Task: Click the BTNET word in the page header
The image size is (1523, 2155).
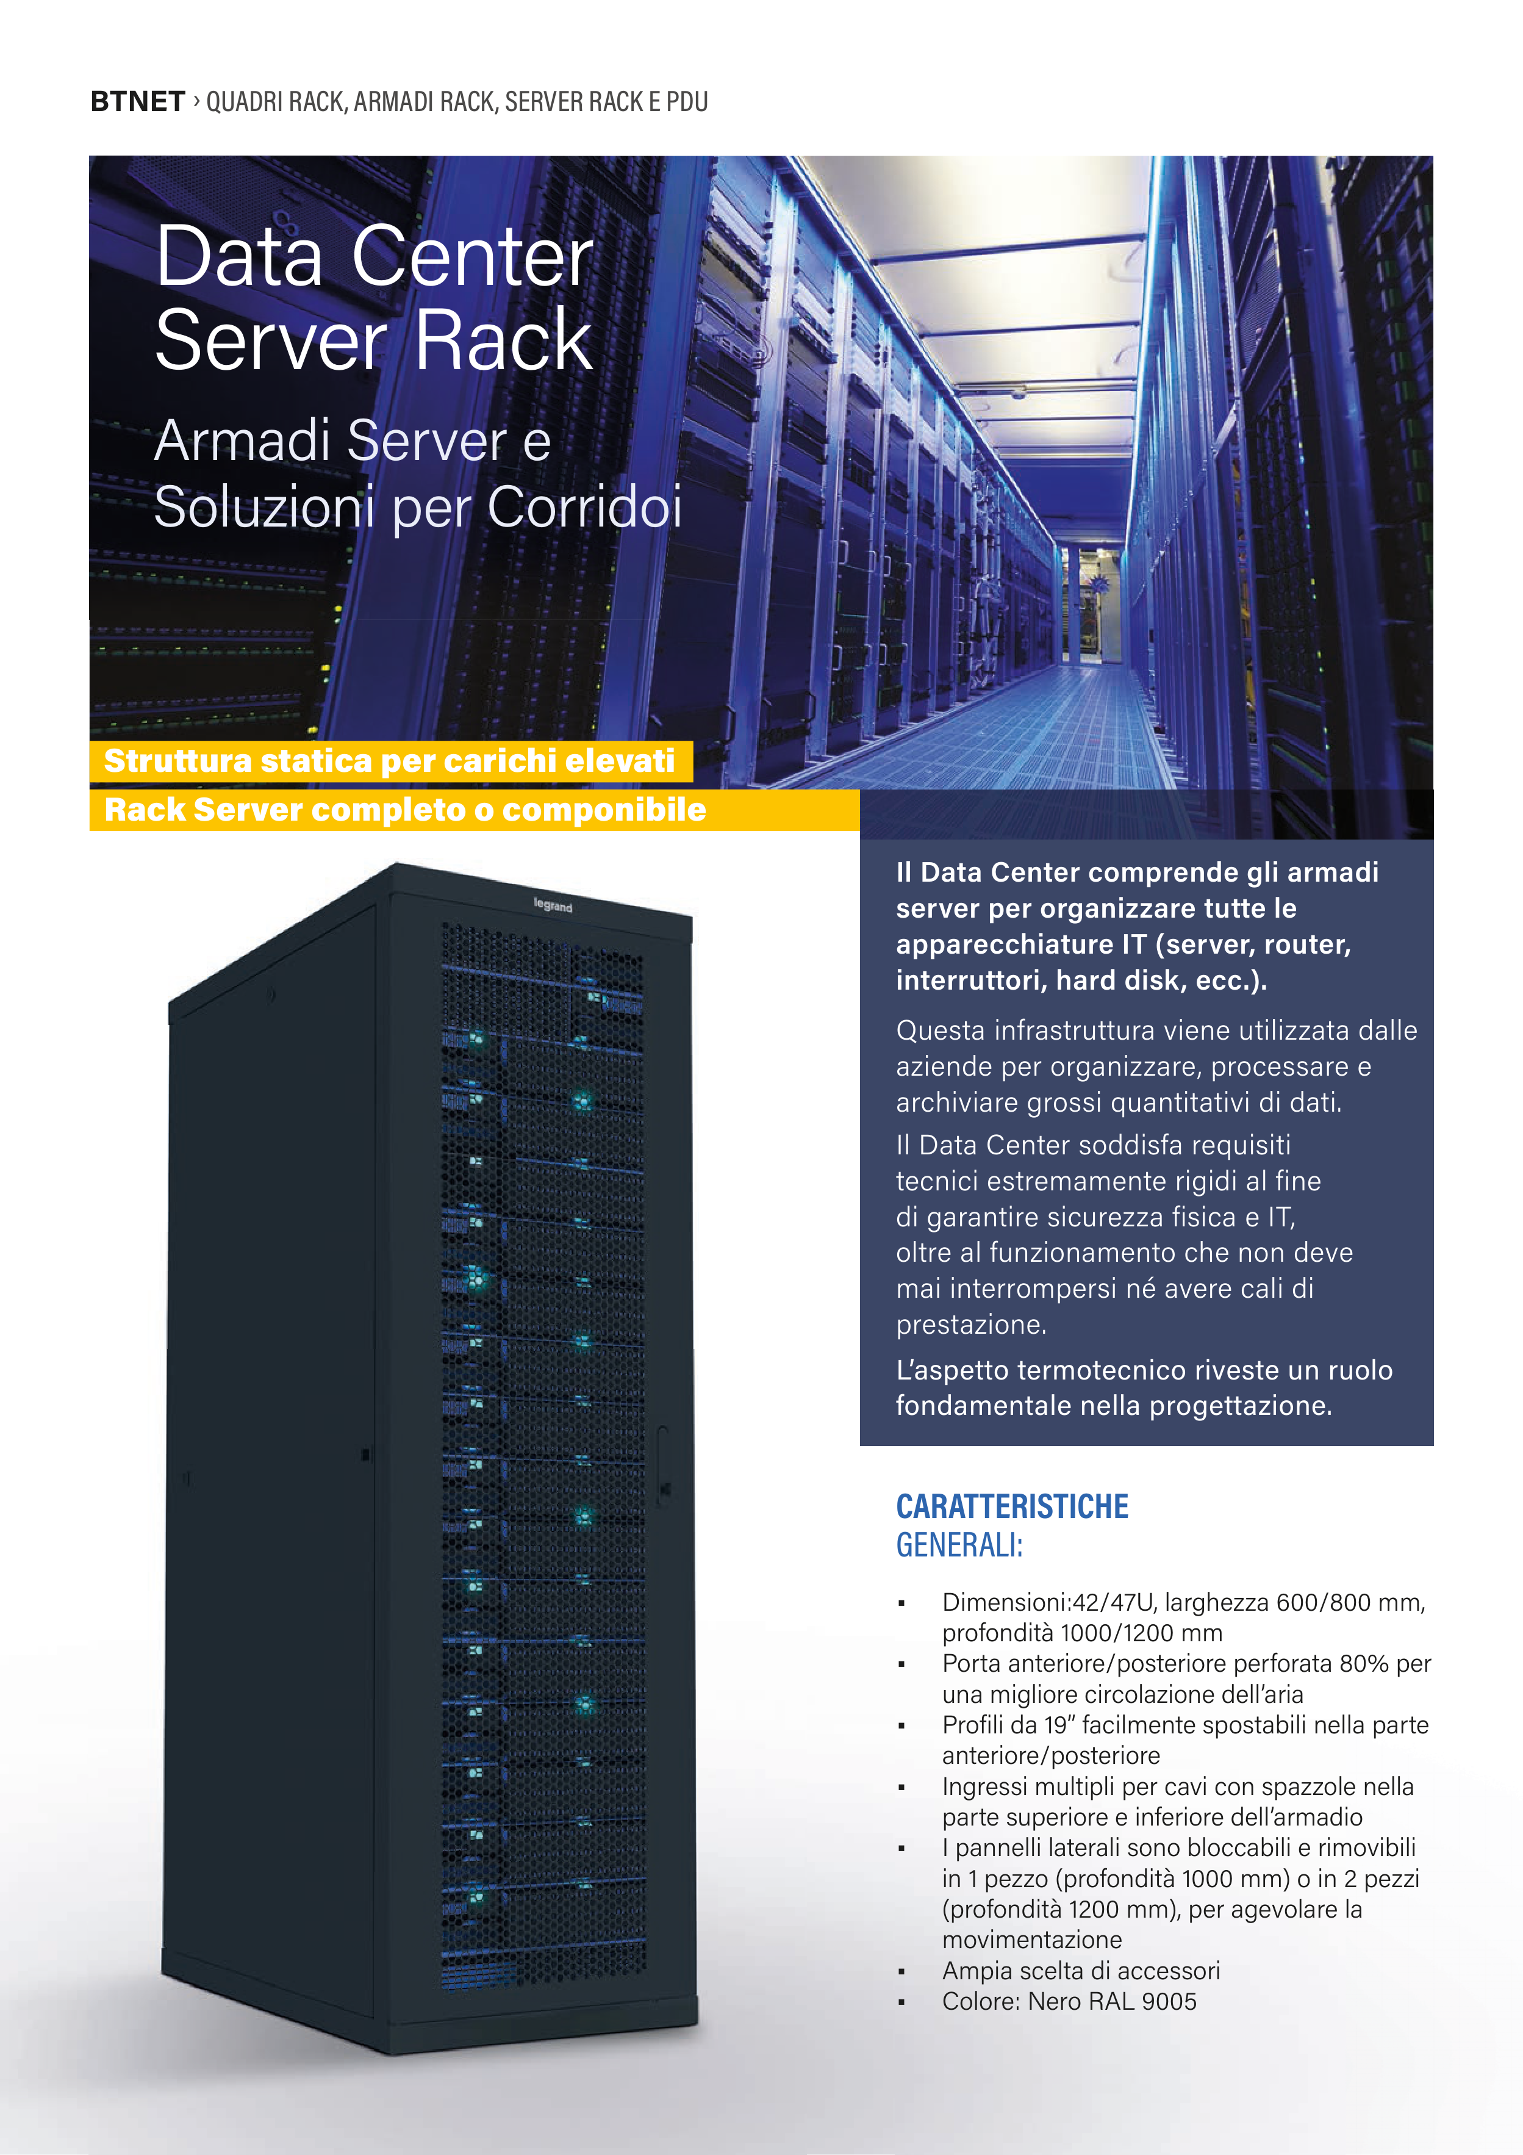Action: [x=137, y=101]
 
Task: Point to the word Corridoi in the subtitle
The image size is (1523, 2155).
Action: [x=584, y=507]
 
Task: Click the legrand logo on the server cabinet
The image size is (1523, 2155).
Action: [x=553, y=905]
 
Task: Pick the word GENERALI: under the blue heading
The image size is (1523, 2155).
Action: [x=958, y=1545]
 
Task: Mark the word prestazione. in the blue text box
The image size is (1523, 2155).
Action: [x=970, y=1325]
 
